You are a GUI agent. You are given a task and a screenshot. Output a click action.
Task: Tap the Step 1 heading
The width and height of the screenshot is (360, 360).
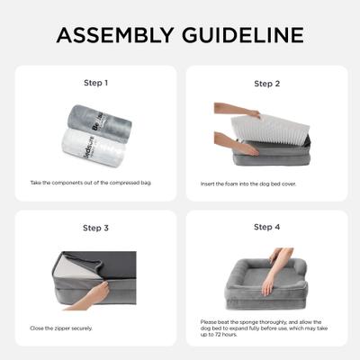tap(95, 83)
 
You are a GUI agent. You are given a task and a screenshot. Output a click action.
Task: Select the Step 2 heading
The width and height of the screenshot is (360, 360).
tap(267, 84)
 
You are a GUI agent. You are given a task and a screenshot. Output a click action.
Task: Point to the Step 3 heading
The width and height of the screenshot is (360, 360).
tap(95, 228)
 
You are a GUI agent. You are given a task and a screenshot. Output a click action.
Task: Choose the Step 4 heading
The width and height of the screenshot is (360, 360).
tap(267, 228)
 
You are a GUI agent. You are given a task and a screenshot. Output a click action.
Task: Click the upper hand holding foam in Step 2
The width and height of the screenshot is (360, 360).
tap(226, 108)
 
